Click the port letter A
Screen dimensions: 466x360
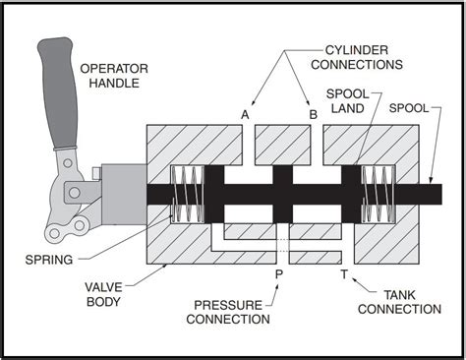(245, 115)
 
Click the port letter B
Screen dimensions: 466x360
(314, 115)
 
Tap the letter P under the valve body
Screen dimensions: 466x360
(279, 274)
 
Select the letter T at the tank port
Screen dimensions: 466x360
(344, 274)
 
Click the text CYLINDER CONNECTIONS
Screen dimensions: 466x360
(357, 57)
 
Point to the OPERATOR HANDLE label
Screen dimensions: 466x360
(114, 76)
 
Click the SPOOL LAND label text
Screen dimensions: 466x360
(348, 101)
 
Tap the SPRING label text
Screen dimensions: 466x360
(49, 260)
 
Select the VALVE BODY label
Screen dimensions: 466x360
(103, 294)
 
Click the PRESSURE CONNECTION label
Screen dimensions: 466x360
(228, 312)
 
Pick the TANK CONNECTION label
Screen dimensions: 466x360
(399, 302)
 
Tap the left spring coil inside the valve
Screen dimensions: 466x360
(188, 194)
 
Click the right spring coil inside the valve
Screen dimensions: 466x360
(378, 194)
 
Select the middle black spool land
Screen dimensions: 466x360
(283, 194)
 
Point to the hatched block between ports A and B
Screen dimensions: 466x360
(283, 145)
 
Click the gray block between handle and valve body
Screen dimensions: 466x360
(124, 194)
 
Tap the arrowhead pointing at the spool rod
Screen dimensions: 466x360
(432, 180)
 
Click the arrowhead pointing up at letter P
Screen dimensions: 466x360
(277, 287)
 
